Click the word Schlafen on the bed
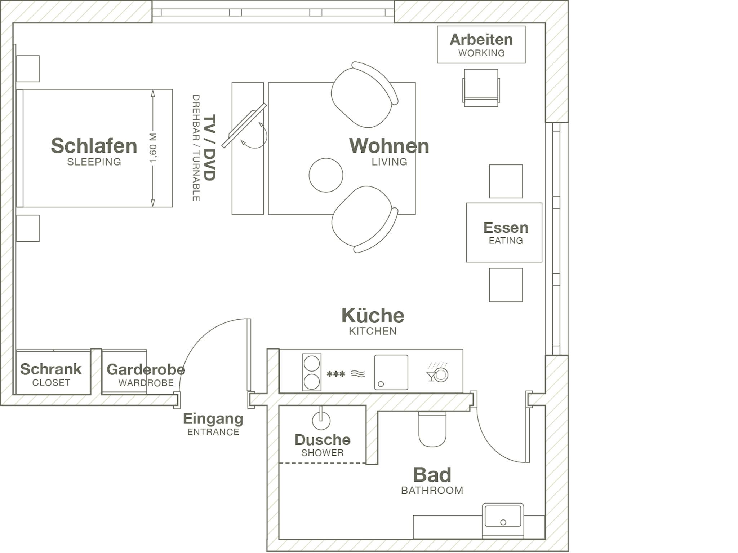tap(94, 146)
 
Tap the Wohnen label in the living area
tap(389, 146)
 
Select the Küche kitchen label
tap(373, 316)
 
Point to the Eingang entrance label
tap(213, 419)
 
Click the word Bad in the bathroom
tap(432, 475)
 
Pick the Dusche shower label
tap(323, 440)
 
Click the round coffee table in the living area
tap(326, 175)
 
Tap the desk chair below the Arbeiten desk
tap(481, 88)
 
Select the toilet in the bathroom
tap(432, 429)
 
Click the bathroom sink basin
tap(503, 517)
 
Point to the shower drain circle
tap(321, 421)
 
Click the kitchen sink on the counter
tap(391, 372)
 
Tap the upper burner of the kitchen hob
tap(312, 363)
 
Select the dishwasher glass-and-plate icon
tap(437, 373)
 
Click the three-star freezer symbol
tap(336, 374)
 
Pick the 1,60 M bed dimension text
tap(153, 148)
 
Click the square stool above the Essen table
tap(506, 181)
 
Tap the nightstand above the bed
tap(28, 69)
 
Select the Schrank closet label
tap(51, 369)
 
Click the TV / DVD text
tap(209, 148)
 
